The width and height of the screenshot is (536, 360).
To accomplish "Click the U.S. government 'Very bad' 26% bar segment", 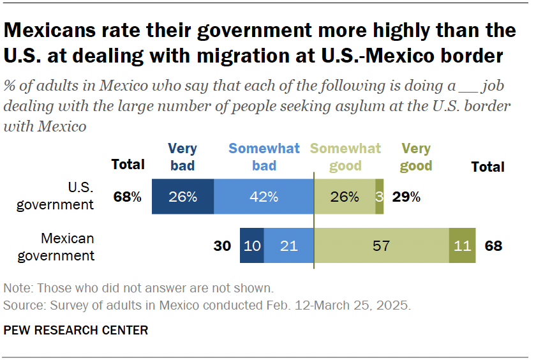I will tap(182, 197).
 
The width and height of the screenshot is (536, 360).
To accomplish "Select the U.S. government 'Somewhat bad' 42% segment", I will tap(264, 197).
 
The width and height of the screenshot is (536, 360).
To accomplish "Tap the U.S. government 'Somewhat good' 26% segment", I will tap(345, 197).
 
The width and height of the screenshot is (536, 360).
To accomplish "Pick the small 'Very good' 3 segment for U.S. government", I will tap(380, 197).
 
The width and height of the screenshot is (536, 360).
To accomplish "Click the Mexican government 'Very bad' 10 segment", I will tap(252, 246).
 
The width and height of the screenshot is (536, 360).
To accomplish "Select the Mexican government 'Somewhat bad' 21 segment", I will tap(289, 246).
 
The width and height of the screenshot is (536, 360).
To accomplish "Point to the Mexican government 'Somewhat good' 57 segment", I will tap(382, 246).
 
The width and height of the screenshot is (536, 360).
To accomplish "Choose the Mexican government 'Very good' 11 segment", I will tap(463, 246).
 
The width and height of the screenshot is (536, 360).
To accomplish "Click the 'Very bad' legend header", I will tap(182, 158).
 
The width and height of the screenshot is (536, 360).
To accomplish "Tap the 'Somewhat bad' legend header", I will tap(264, 158).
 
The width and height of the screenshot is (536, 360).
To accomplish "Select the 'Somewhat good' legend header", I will tap(345, 158).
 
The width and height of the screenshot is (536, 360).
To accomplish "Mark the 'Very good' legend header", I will tap(416, 158).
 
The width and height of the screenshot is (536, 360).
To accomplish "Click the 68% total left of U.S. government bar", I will tap(127, 197).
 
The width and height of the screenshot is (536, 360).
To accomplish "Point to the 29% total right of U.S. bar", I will tap(406, 197).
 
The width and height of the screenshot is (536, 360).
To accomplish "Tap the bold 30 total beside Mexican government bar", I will tap(222, 246).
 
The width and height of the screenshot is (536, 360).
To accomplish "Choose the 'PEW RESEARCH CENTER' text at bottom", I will tap(76, 330).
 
